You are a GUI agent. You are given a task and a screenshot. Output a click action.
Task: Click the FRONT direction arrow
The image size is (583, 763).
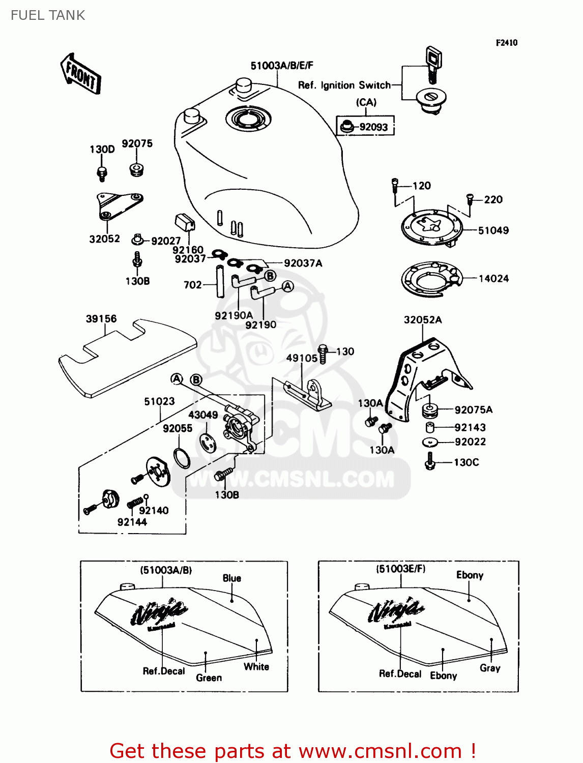[80, 74]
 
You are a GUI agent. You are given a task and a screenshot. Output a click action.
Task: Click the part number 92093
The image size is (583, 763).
[373, 127]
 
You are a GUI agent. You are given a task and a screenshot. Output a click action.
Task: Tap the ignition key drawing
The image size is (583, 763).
[433, 64]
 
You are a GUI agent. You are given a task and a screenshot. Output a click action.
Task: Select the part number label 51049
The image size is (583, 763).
[493, 230]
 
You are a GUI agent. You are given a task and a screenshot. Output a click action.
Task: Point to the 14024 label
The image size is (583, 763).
[493, 278]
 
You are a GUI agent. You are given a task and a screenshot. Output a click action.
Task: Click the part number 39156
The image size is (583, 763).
[101, 319]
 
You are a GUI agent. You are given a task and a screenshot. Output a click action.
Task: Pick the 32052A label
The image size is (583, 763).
[422, 320]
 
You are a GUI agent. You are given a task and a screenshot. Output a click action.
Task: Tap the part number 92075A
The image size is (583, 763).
[473, 410]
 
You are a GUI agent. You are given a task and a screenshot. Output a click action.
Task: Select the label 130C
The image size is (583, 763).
[466, 462]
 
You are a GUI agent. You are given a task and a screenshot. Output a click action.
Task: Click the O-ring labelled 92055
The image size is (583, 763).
[182, 457]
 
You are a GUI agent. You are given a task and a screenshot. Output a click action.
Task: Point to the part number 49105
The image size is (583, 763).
[301, 358]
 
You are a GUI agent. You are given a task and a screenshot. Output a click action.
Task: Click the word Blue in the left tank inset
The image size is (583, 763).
[231, 578]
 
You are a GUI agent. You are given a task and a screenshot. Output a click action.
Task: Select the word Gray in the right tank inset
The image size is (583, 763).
[490, 668]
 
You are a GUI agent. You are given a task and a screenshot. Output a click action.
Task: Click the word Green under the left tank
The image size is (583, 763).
[209, 678]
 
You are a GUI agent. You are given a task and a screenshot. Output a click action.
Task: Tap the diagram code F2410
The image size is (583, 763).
[506, 43]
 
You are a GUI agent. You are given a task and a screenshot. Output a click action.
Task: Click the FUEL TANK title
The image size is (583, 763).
[48, 15]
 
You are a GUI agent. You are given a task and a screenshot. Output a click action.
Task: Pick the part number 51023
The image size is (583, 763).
[159, 401]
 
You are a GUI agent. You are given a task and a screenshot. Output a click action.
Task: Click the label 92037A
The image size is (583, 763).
[303, 263]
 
